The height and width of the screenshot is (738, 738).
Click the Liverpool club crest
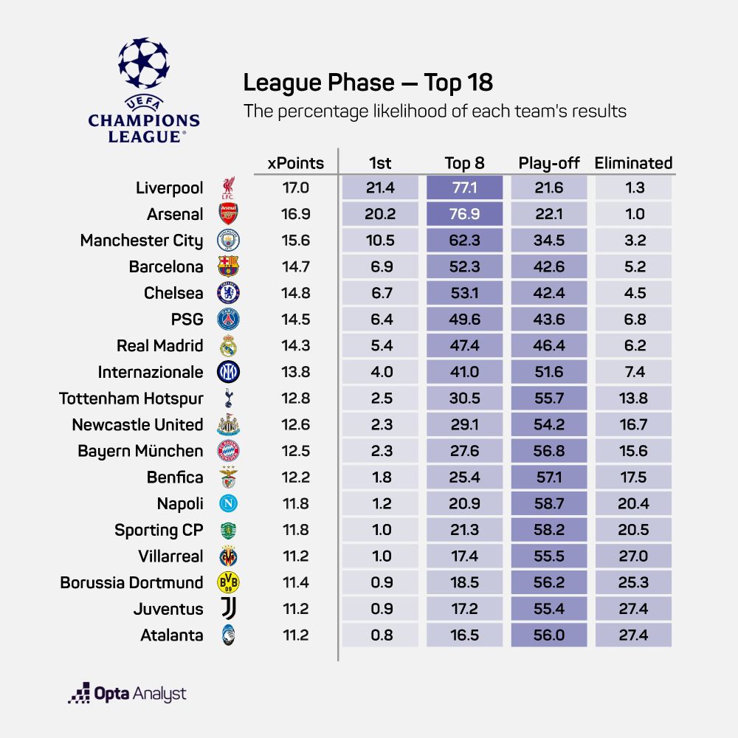pos(228,188)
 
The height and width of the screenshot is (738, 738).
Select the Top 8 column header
pos(464,163)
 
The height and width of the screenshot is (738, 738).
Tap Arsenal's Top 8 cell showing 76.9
pos(464,215)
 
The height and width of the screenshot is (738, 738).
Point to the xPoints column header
pos(295,163)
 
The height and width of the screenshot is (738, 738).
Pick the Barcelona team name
pos(166,266)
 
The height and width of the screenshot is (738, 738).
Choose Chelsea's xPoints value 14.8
pos(295,293)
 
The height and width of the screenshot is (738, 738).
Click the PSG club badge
pos(228,320)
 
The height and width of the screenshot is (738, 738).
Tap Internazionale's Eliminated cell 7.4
pos(633,372)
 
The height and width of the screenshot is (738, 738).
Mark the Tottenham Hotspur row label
pos(131,399)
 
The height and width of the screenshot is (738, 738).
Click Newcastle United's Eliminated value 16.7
pos(633,424)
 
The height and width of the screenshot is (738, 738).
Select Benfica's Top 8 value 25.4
pos(464,477)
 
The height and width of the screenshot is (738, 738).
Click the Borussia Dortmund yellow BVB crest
pos(228,583)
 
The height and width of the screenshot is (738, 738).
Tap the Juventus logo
pos(228,610)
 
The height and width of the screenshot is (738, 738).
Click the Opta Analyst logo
pos(127,694)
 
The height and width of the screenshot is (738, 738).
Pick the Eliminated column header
pos(633,163)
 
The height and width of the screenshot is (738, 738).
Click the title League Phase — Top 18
pos(368,83)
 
